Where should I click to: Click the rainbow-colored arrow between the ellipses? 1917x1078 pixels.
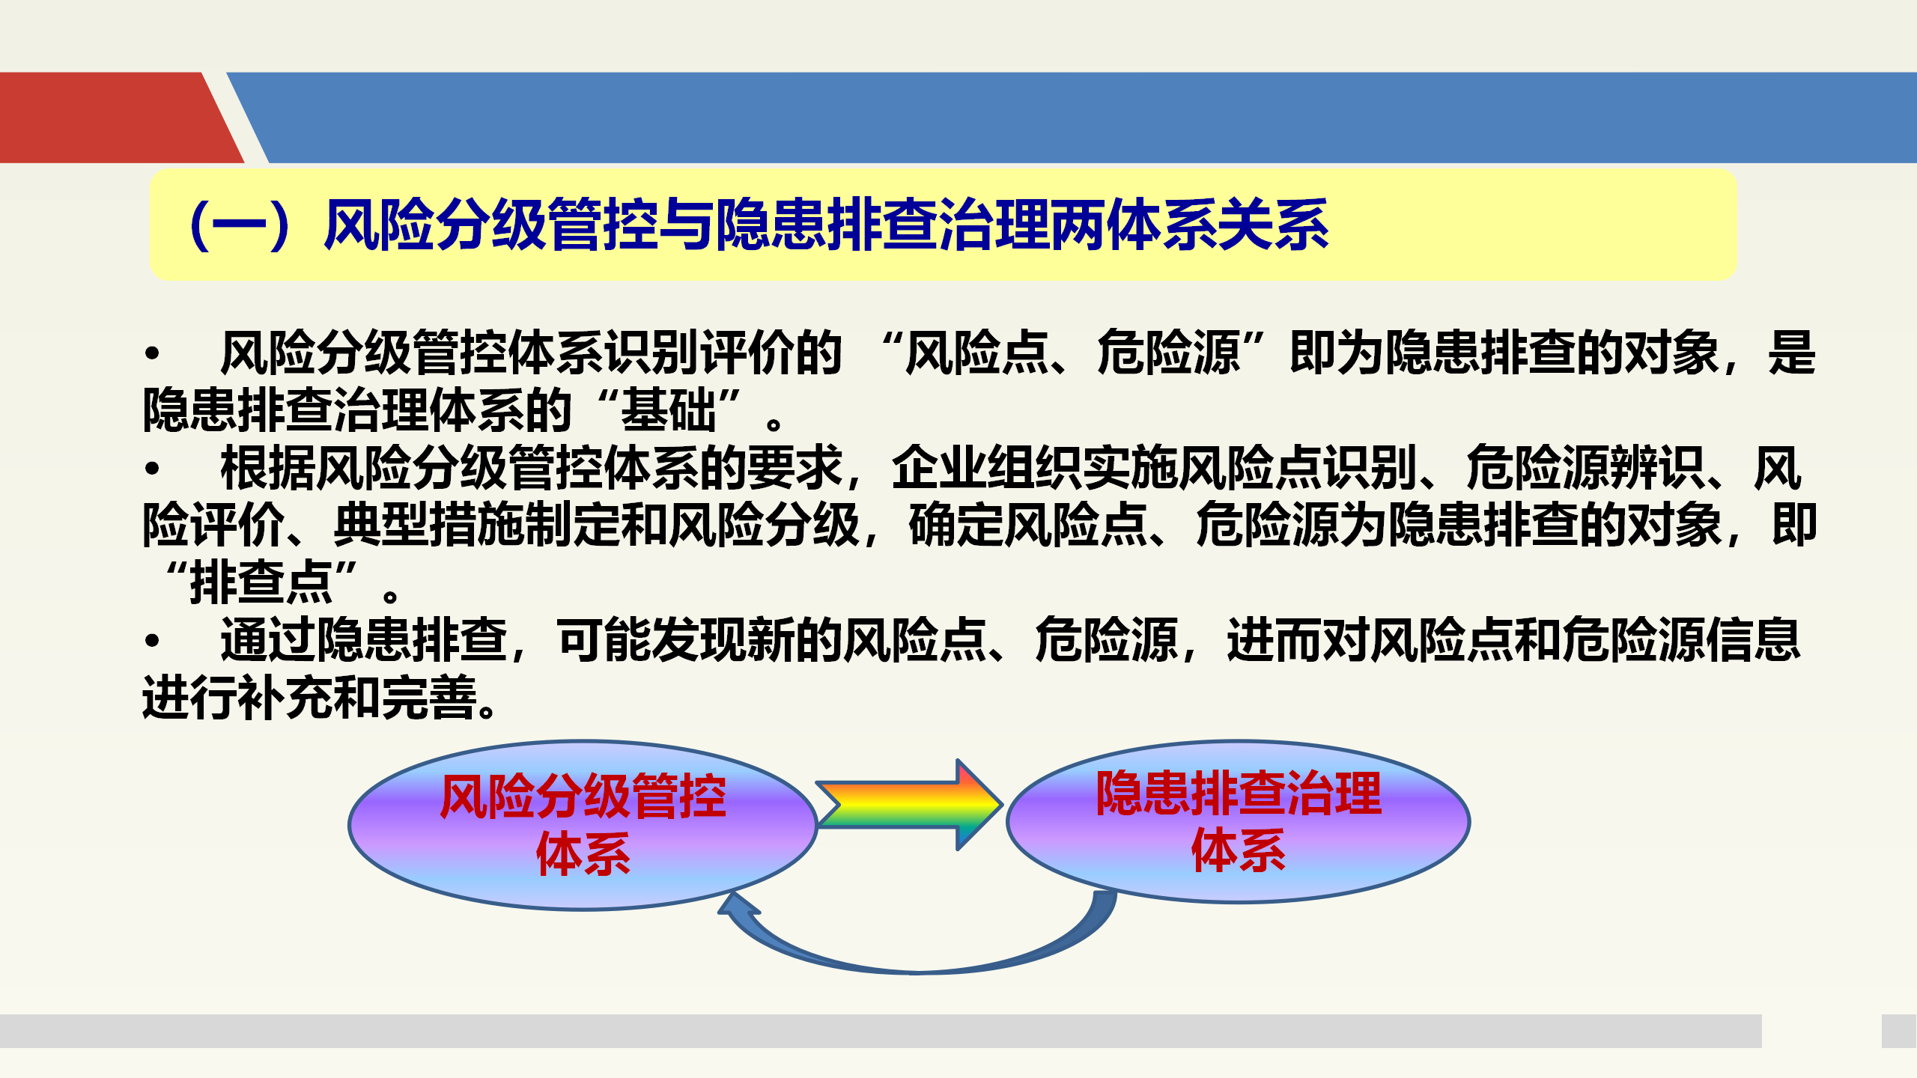(909, 805)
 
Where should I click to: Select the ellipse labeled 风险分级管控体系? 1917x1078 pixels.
(583, 825)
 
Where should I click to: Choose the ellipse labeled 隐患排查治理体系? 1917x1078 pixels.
(1239, 822)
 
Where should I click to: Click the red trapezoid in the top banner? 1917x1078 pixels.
(120, 118)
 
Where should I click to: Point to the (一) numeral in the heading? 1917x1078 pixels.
(240, 225)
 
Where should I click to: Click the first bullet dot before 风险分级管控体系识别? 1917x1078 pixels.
(153, 353)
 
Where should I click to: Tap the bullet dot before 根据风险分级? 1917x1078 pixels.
(153, 469)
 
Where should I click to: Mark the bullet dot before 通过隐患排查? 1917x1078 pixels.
(153, 641)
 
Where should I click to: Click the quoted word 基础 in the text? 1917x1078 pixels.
(669, 410)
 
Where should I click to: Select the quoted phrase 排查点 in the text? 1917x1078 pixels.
(261, 582)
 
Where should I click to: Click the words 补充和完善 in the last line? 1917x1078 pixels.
(358, 698)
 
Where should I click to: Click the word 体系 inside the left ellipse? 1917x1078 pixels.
(583, 853)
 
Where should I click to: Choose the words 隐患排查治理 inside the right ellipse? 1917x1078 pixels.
(1239, 794)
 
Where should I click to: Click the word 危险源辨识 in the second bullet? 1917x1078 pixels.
(1585, 468)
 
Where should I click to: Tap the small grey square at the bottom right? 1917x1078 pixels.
(1899, 1031)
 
